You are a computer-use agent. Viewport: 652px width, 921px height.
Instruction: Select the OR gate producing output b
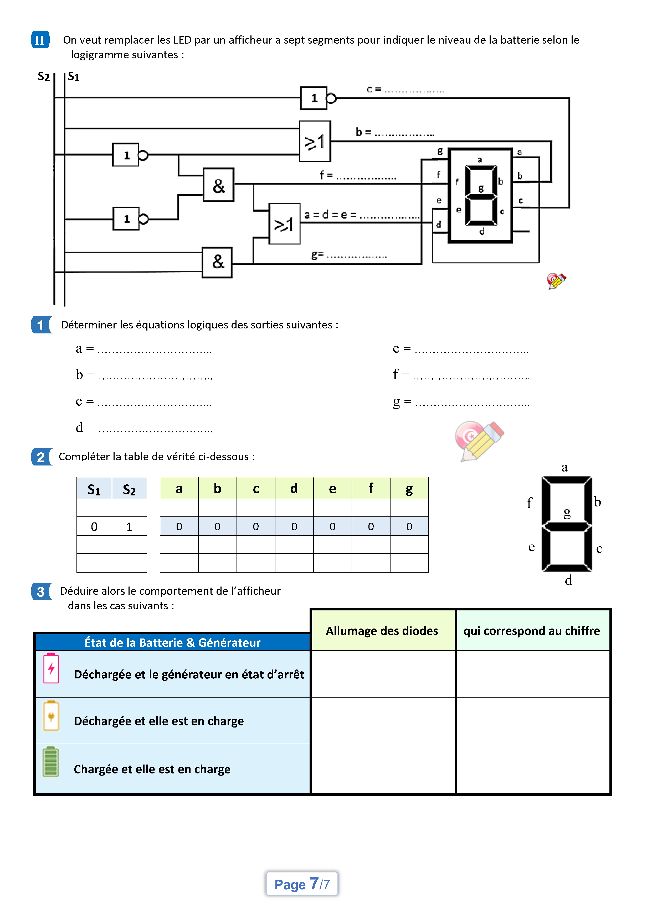pos(315,142)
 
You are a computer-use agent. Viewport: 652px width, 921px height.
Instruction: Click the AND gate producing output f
pos(218,185)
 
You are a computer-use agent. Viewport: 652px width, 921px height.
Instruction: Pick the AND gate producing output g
pos(217,262)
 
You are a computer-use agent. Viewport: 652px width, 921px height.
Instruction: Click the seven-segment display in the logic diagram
pos(481,195)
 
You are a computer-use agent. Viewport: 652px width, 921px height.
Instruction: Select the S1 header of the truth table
pos(94,489)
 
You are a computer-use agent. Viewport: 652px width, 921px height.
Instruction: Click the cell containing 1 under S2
pos(129,526)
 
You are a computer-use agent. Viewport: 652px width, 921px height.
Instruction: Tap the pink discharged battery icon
pos(51,668)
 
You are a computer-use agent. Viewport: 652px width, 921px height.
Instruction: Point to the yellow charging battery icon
pos(51,716)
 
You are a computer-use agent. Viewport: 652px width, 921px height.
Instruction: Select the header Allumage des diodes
pos(382,631)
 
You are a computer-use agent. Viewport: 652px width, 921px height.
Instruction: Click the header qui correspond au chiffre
pos(532,631)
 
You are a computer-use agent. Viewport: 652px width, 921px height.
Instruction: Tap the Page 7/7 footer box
pos(302,884)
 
